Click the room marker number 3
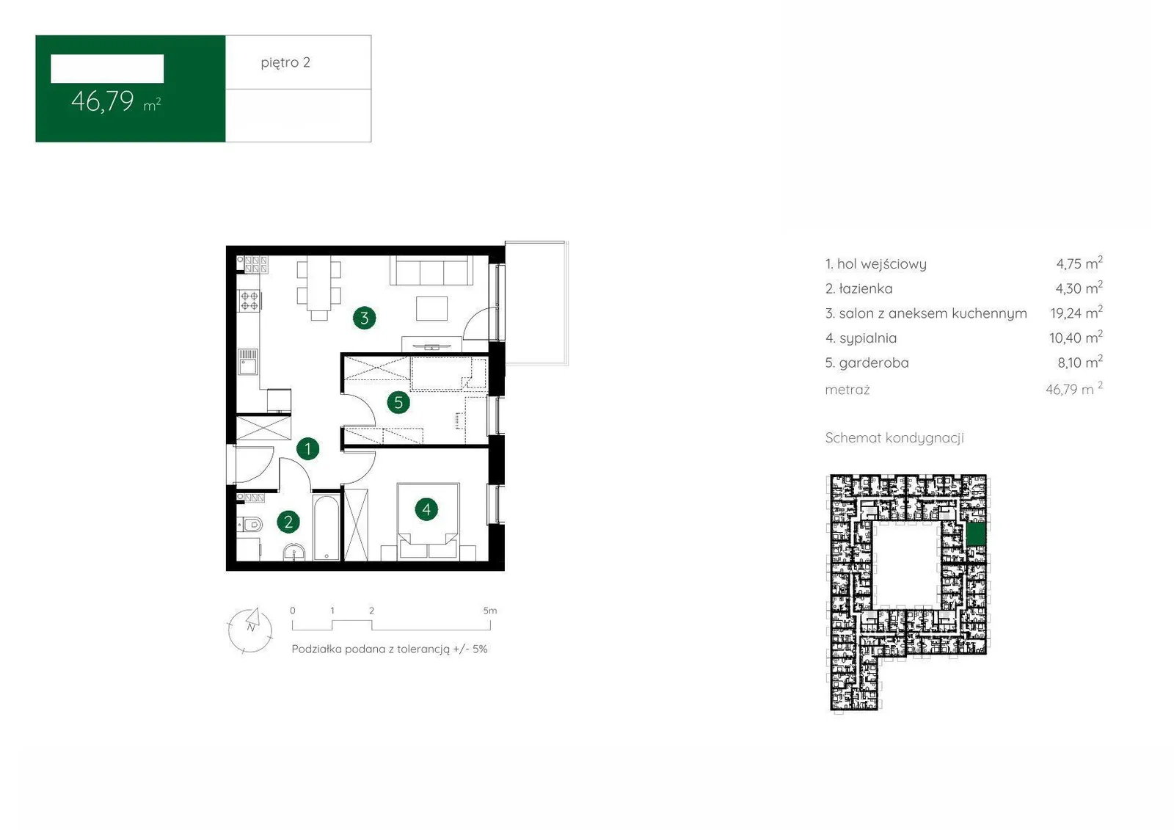pyautogui.click(x=364, y=318)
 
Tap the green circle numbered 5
pyautogui.click(x=398, y=403)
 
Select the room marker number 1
pyautogui.click(x=307, y=449)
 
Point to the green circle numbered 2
pyautogui.click(x=288, y=522)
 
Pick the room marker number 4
pyautogui.click(x=426, y=509)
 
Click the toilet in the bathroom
pyautogui.click(x=249, y=524)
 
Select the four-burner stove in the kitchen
pyautogui.click(x=249, y=301)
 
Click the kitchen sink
pyautogui.click(x=249, y=362)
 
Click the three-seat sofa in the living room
pyautogui.click(x=432, y=270)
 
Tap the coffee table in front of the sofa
pyautogui.click(x=432, y=308)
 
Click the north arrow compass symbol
pyautogui.click(x=250, y=630)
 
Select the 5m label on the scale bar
pyautogui.click(x=490, y=611)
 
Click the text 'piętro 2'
pyautogui.click(x=285, y=62)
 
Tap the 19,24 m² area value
pyautogui.click(x=1076, y=313)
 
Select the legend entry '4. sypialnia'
pyautogui.click(x=861, y=338)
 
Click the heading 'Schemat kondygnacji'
pyautogui.click(x=894, y=438)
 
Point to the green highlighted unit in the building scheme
pyautogui.click(x=976, y=535)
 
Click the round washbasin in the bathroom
pyautogui.click(x=294, y=553)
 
